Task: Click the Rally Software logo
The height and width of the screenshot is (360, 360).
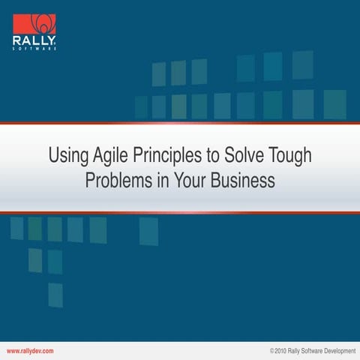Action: (x=34, y=31)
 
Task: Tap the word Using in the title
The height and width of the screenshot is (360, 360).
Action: (x=65, y=157)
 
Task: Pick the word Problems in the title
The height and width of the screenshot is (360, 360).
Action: (x=116, y=181)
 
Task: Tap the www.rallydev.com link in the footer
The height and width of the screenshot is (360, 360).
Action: (x=30, y=351)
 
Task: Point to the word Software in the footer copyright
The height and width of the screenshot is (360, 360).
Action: (x=309, y=351)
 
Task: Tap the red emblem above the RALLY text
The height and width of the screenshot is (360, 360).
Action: (x=34, y=22)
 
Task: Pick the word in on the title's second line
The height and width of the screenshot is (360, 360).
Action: (x=160, y=181)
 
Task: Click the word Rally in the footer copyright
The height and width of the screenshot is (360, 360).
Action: (x=292, y=351)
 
